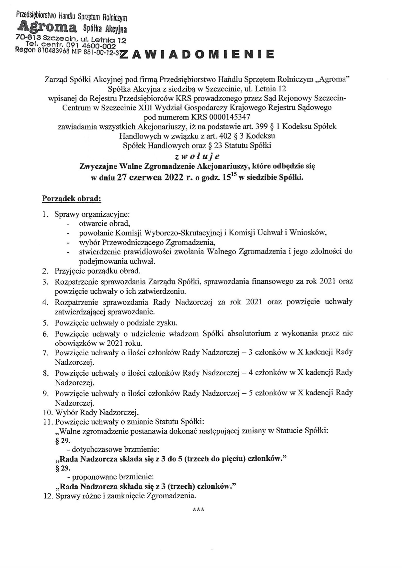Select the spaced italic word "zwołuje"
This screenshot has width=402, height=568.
pos(197,156)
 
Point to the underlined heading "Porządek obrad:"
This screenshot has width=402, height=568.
pos(72,199)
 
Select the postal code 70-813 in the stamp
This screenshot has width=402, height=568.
pos(27,38)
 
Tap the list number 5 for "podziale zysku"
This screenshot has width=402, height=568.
pos(45,323)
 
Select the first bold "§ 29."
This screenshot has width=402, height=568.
pos(63,440)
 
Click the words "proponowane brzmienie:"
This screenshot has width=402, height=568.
pos(113,477)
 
